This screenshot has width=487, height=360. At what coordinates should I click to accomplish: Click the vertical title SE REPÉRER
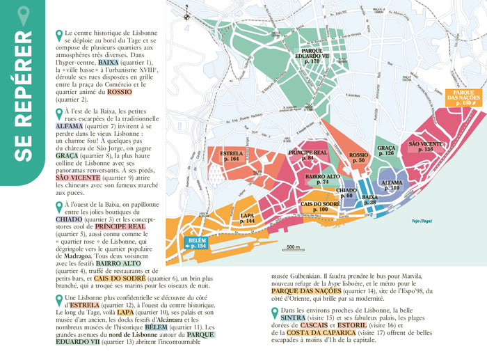[x=23, y=104]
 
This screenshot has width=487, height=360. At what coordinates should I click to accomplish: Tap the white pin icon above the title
[x=24, y=15]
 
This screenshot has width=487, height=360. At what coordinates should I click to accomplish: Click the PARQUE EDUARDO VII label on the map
[x=306, y=56]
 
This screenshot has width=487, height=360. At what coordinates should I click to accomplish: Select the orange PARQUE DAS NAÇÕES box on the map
[x=463, y=97]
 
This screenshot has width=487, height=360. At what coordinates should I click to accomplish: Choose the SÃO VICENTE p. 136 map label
[x=426, y=146]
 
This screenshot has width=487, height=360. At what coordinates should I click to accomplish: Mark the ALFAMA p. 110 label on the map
[x=391, y=185]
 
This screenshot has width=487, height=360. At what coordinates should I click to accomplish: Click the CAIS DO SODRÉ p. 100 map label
[x=319, y=206]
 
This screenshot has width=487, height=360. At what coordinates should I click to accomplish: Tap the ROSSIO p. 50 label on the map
[x=358, y=158]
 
